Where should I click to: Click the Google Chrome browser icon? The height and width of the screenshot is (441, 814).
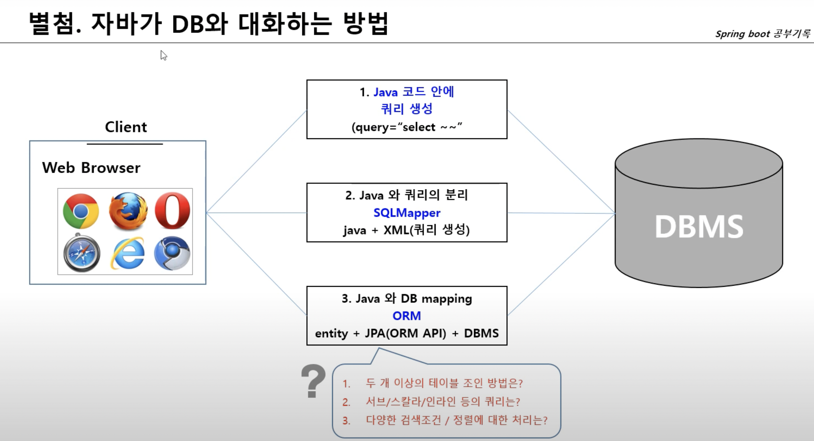[x=81, y=211]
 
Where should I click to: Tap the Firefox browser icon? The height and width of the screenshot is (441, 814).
[x=128, y=211]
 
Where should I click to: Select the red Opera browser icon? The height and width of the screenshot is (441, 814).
[x=172, y=211]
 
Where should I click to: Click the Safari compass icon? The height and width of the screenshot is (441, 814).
[x=82, y=253]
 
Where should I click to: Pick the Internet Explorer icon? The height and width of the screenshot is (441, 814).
[x=128, y=253]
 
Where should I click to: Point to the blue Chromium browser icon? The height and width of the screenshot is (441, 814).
[x=172, y=253]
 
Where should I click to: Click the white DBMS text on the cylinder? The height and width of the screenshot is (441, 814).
[x=699, y=227]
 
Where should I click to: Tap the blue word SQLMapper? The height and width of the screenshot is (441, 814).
[x=407, y=213]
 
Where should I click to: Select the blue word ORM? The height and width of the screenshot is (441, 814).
[x=407, y=316]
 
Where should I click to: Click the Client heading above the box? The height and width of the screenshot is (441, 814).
[x=126, y=127]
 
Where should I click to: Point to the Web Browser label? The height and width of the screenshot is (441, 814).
[x=91, y=168]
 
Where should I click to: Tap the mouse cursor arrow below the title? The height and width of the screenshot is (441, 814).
[x=163, y=55]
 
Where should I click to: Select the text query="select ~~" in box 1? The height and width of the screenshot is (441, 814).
[x=407, y=127]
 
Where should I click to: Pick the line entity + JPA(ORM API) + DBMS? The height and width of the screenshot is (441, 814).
[x=407, y=333]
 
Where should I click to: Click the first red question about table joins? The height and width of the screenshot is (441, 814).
[x=444, y=383]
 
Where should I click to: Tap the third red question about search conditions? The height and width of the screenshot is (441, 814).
[x=456, y=420]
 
